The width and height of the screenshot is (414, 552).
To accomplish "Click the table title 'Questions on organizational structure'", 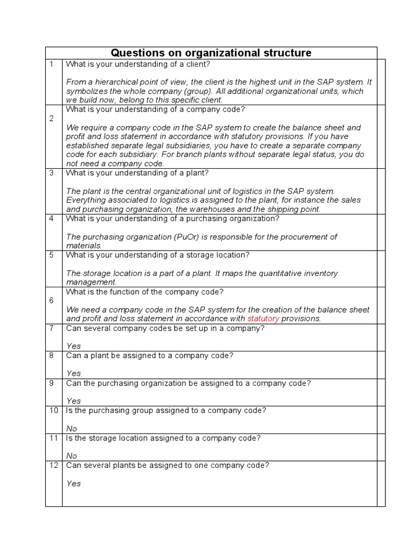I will click(211, 53).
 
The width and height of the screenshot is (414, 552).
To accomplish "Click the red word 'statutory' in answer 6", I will click(263, 319).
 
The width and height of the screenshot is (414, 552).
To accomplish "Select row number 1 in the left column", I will click(51, 64).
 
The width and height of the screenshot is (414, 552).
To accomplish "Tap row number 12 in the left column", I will click(53, 465).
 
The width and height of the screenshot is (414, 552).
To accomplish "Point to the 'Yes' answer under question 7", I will click(73, 346).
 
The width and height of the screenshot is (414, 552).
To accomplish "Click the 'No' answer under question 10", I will click(72, 428).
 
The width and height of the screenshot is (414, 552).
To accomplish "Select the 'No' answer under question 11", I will click(72, 456).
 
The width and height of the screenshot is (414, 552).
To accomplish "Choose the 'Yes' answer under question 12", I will click(73, 483).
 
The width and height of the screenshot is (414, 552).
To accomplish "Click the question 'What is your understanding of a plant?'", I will click(137, 173).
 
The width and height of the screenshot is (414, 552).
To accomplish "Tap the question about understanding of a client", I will click(138, 64).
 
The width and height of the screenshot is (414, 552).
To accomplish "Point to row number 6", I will click(51, 300).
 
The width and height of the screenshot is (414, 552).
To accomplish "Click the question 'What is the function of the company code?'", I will click(144, 292).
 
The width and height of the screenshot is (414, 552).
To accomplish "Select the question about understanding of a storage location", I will click(157, 255).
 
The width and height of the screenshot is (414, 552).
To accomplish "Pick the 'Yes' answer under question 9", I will click(73, 401).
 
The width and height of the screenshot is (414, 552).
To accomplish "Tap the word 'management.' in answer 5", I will click(91, 282).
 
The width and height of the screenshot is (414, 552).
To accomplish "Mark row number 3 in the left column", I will click(51, 173).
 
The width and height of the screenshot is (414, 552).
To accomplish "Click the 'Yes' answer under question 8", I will click(73, 373).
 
